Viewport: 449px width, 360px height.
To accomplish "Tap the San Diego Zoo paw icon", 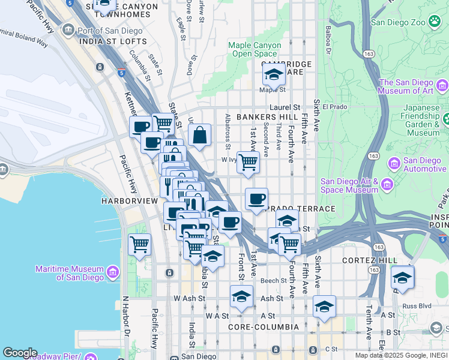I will pyautogui.click(x=434, y=22).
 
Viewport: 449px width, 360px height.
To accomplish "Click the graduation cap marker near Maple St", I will pyautogui.click(x=274, y=76).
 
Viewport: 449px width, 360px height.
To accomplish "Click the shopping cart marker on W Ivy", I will pyautogui.click(x=248, y=162).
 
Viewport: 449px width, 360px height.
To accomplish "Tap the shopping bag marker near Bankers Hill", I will pyautogui.click(x=200, y=136).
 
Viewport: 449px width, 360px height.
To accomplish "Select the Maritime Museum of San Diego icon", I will pyautogui.click(x=112, y=274).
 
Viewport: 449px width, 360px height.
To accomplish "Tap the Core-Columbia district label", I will pyautogui.click(x=264, y=327).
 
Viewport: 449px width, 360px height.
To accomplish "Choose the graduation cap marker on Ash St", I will pyautogui.click(x=241, y=296).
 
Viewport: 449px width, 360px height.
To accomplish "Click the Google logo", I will pyautogui.click(x=20, y=353).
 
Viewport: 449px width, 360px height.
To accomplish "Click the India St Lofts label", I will pyautogui.click(x=113, y=41).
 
